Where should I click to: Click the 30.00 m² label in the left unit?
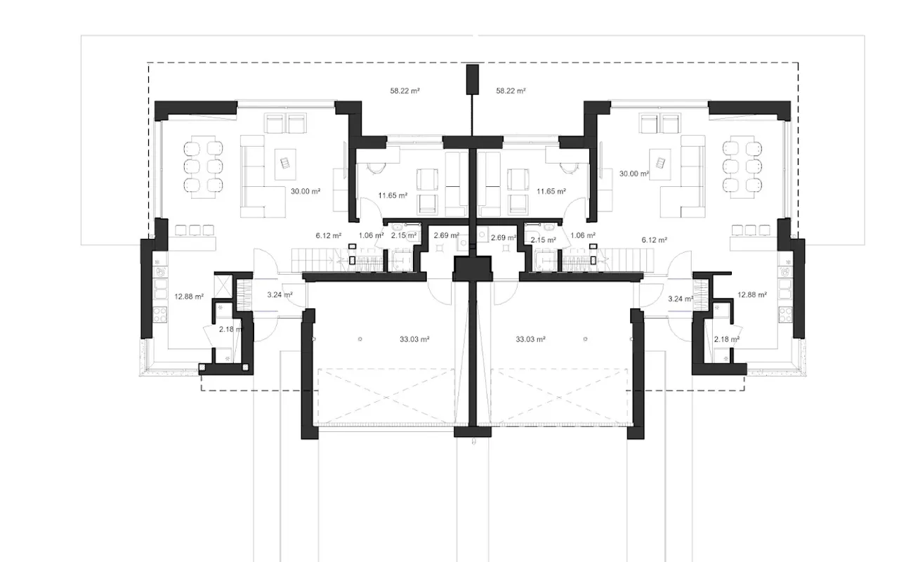tap(306, 192)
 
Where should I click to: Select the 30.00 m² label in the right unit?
tap(634, 174)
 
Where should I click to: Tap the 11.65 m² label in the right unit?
tap(551, 192)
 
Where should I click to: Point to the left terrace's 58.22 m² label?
tap(405, 91)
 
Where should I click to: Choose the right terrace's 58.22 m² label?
tap(511, 91)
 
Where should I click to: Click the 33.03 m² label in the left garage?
tap(414, 339)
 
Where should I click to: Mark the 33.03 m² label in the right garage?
tap(530, 339)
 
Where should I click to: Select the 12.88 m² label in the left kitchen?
tap(189, 296)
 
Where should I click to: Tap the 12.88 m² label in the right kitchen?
tap(752, 294)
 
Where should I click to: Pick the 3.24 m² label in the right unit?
tap(681, 299)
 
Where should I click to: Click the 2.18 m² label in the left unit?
tap(232, 329)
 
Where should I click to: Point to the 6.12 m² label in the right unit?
tap(654, 240)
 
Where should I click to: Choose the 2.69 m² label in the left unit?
tap(446, 235)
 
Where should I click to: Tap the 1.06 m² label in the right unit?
tap(583, 235)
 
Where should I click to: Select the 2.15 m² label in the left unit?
tap(404, 235)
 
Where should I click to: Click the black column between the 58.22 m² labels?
tap(473, 80)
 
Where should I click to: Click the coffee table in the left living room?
tap(285, 164)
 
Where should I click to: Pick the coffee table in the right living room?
tap(660, 164)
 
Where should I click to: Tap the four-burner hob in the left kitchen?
tap(160, 314)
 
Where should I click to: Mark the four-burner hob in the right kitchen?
tap(785, 314)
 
